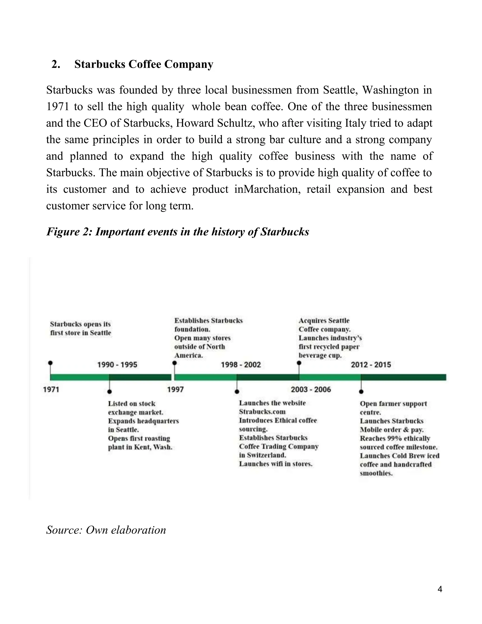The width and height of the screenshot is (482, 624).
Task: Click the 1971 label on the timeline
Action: coord(51,389)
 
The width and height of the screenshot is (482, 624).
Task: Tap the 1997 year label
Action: coord(175,389)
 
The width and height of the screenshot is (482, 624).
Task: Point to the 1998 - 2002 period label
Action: coord(241,365)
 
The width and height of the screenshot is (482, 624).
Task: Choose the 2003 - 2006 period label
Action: coord(311,389)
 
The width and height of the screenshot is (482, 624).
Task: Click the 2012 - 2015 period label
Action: coord(371,365)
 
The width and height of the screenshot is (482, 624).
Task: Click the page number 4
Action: coord(440,589)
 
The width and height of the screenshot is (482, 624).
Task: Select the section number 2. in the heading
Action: coord(56,64)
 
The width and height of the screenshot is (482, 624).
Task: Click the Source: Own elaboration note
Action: coord(106,530)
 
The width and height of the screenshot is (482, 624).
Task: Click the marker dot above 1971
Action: coord(50,363)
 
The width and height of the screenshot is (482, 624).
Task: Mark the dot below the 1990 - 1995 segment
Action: coord(109,391)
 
